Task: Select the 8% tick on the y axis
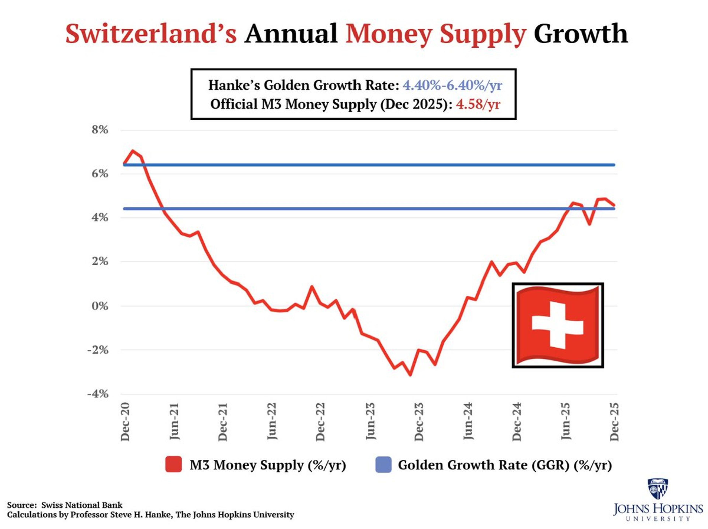click(100, 130)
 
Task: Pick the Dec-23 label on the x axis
click(419, 422)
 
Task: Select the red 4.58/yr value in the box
click(478, 104)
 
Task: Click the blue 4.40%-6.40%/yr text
click(452, 85)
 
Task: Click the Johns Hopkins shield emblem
click(657, 489)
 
